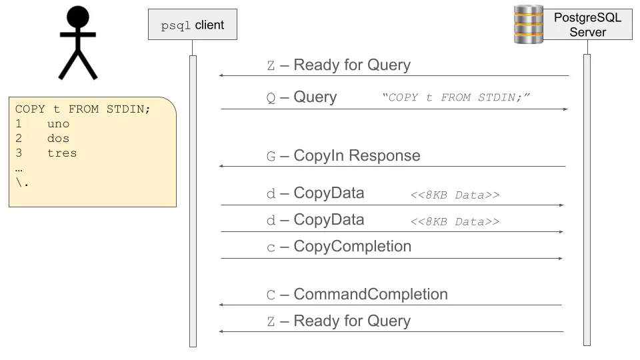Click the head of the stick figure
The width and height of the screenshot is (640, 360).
coord(78,17)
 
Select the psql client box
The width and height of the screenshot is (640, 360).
coord(192,26)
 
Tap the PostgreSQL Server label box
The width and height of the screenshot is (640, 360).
coord(587,25)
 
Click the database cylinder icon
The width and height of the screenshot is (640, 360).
coord(529,25)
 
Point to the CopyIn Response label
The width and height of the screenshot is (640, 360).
coord(357,156)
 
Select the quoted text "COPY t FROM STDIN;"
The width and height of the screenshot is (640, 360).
coord(456,98)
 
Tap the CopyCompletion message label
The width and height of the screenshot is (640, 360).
coord(352,247)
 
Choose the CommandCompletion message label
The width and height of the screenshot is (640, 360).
coord(370,295)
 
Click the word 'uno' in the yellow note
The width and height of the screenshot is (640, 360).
coord(58,124)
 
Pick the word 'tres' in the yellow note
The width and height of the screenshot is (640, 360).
coord(61,153)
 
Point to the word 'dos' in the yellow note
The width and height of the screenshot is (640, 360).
coord(58,139)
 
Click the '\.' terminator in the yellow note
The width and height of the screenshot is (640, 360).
coord(22,183)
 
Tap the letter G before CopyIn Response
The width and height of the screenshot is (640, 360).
coord(271,157)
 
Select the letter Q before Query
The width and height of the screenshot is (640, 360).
coord(271,98)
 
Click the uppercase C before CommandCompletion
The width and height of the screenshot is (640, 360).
coord(271,295)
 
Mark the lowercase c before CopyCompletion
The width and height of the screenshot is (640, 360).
coord(271,248)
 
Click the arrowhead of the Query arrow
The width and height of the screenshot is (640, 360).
coord(565,109)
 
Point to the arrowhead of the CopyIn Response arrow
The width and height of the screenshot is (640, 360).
coord(222,167)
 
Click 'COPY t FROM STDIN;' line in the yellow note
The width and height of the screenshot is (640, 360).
coord(83,109)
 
